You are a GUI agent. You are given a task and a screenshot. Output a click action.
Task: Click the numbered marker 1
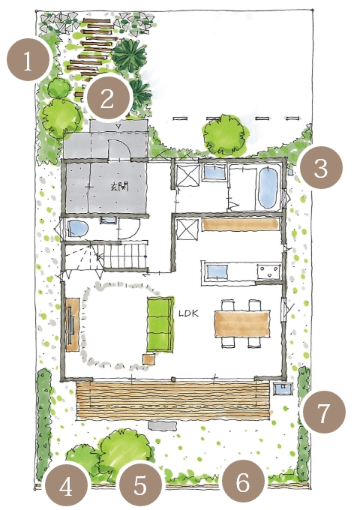click(28, 59)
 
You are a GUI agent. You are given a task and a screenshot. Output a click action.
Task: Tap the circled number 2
click(107, 97)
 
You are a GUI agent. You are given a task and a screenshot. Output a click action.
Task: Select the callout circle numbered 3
click(321, 168)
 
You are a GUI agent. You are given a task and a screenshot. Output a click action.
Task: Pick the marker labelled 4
click(66, 487)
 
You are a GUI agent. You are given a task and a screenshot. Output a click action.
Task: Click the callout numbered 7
click(324, 412)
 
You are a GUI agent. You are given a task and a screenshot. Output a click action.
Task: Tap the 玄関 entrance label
click(119, 187)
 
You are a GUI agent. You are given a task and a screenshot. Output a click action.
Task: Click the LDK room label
click(189, 313)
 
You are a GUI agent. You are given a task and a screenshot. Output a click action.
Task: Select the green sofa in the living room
click(160, 324)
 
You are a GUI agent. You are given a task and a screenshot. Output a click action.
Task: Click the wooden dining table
click(242, 324)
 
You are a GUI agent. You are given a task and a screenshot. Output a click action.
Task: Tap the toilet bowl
click(78, 228)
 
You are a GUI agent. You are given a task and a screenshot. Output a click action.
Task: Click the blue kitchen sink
click(217, 271)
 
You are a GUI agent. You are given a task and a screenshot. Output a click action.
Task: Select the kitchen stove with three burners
click(268, 271)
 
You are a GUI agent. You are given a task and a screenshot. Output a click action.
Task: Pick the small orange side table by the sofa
click(149, 358)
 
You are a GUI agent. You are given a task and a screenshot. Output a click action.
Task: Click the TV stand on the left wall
click(73, 324)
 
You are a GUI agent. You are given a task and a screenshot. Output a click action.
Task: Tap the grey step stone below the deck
click(163, 425)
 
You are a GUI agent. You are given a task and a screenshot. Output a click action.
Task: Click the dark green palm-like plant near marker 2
click(129, 55)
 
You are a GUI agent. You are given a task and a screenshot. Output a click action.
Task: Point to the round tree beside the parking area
click(224, 134)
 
